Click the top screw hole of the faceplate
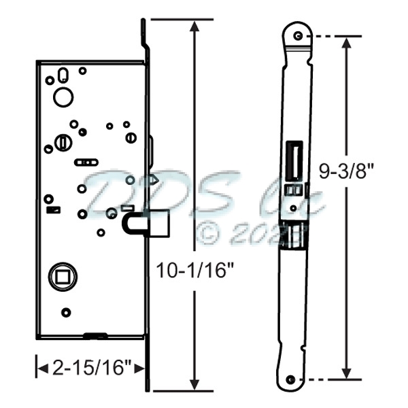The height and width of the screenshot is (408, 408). click(x=297, y=35)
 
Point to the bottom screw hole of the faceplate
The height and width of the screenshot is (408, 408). click(x=292, y=379)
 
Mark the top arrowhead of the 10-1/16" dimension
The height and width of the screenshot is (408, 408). click(x=197, y=26)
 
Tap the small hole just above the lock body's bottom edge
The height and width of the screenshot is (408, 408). click(x=65, y=313)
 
